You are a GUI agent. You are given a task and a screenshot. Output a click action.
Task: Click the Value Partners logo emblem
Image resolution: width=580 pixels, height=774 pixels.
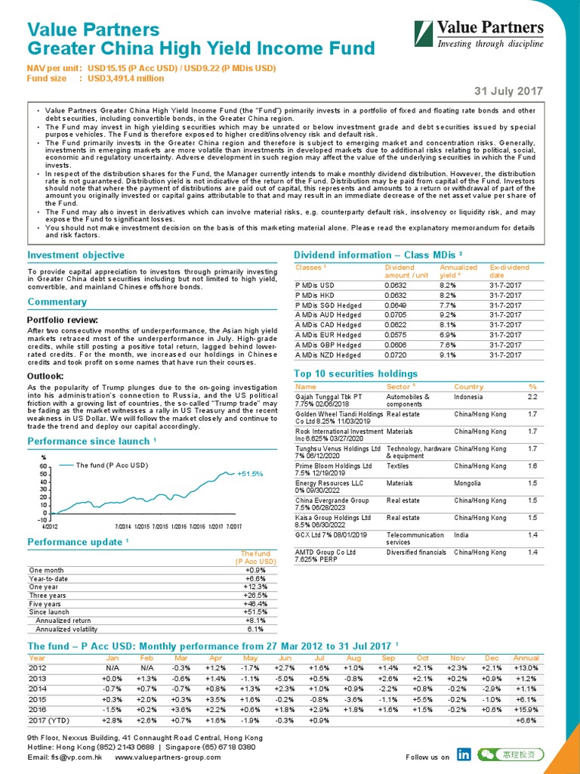[x=424, y=35]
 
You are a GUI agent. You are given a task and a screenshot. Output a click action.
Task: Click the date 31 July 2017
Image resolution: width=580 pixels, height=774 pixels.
[x=508, y=91]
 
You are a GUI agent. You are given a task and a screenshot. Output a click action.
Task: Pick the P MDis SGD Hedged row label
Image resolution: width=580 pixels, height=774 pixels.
[x=328, y=305]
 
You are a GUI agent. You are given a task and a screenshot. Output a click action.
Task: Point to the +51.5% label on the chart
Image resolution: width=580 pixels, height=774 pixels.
[x=250, y=474]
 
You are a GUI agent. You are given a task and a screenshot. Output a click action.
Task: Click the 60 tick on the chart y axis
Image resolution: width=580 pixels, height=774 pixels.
[x=45, y=466]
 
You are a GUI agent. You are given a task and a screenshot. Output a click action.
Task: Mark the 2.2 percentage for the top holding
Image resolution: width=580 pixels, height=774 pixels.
[x=533, y=396]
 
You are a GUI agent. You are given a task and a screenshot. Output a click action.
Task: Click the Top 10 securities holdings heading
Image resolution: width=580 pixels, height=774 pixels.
[x=354, y=373]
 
